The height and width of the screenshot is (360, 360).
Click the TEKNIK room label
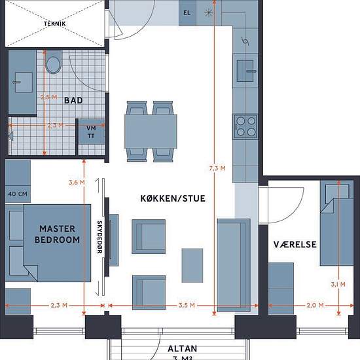(x=54, y=24)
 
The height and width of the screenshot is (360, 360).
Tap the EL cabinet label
(x=187, y=13)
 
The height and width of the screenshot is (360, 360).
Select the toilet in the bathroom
(x=53, y=62)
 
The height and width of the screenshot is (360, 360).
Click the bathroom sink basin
(x=24, y=82)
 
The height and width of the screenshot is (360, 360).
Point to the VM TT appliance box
(x=92, y=132)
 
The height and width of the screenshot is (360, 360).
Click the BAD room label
(x=73, y=100)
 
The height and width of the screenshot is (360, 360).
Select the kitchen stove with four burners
(x=245, y=127)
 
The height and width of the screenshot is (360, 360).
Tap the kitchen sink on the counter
(x=245, y=71)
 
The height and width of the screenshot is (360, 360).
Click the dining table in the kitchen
(x=151, y=131)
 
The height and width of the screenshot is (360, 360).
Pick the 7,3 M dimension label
(x=217, y=168)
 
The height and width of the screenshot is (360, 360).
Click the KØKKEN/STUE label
(x=173, y=198)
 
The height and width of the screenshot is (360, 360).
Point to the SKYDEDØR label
(x=99, y=237)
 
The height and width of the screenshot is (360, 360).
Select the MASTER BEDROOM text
(x=57, y=234)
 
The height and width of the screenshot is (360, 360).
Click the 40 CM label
(x=18, y=194)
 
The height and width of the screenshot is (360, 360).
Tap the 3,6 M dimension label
(x=77, y=183)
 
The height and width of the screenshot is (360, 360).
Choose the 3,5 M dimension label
(x=187, y=306)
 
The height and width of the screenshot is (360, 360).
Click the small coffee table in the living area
(x=192, y=265)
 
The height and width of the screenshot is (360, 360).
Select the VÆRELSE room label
(x=295, y=245)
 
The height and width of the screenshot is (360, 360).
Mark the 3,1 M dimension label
(x=338, y=285)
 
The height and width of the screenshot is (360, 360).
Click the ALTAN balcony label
(x=183, y=348)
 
